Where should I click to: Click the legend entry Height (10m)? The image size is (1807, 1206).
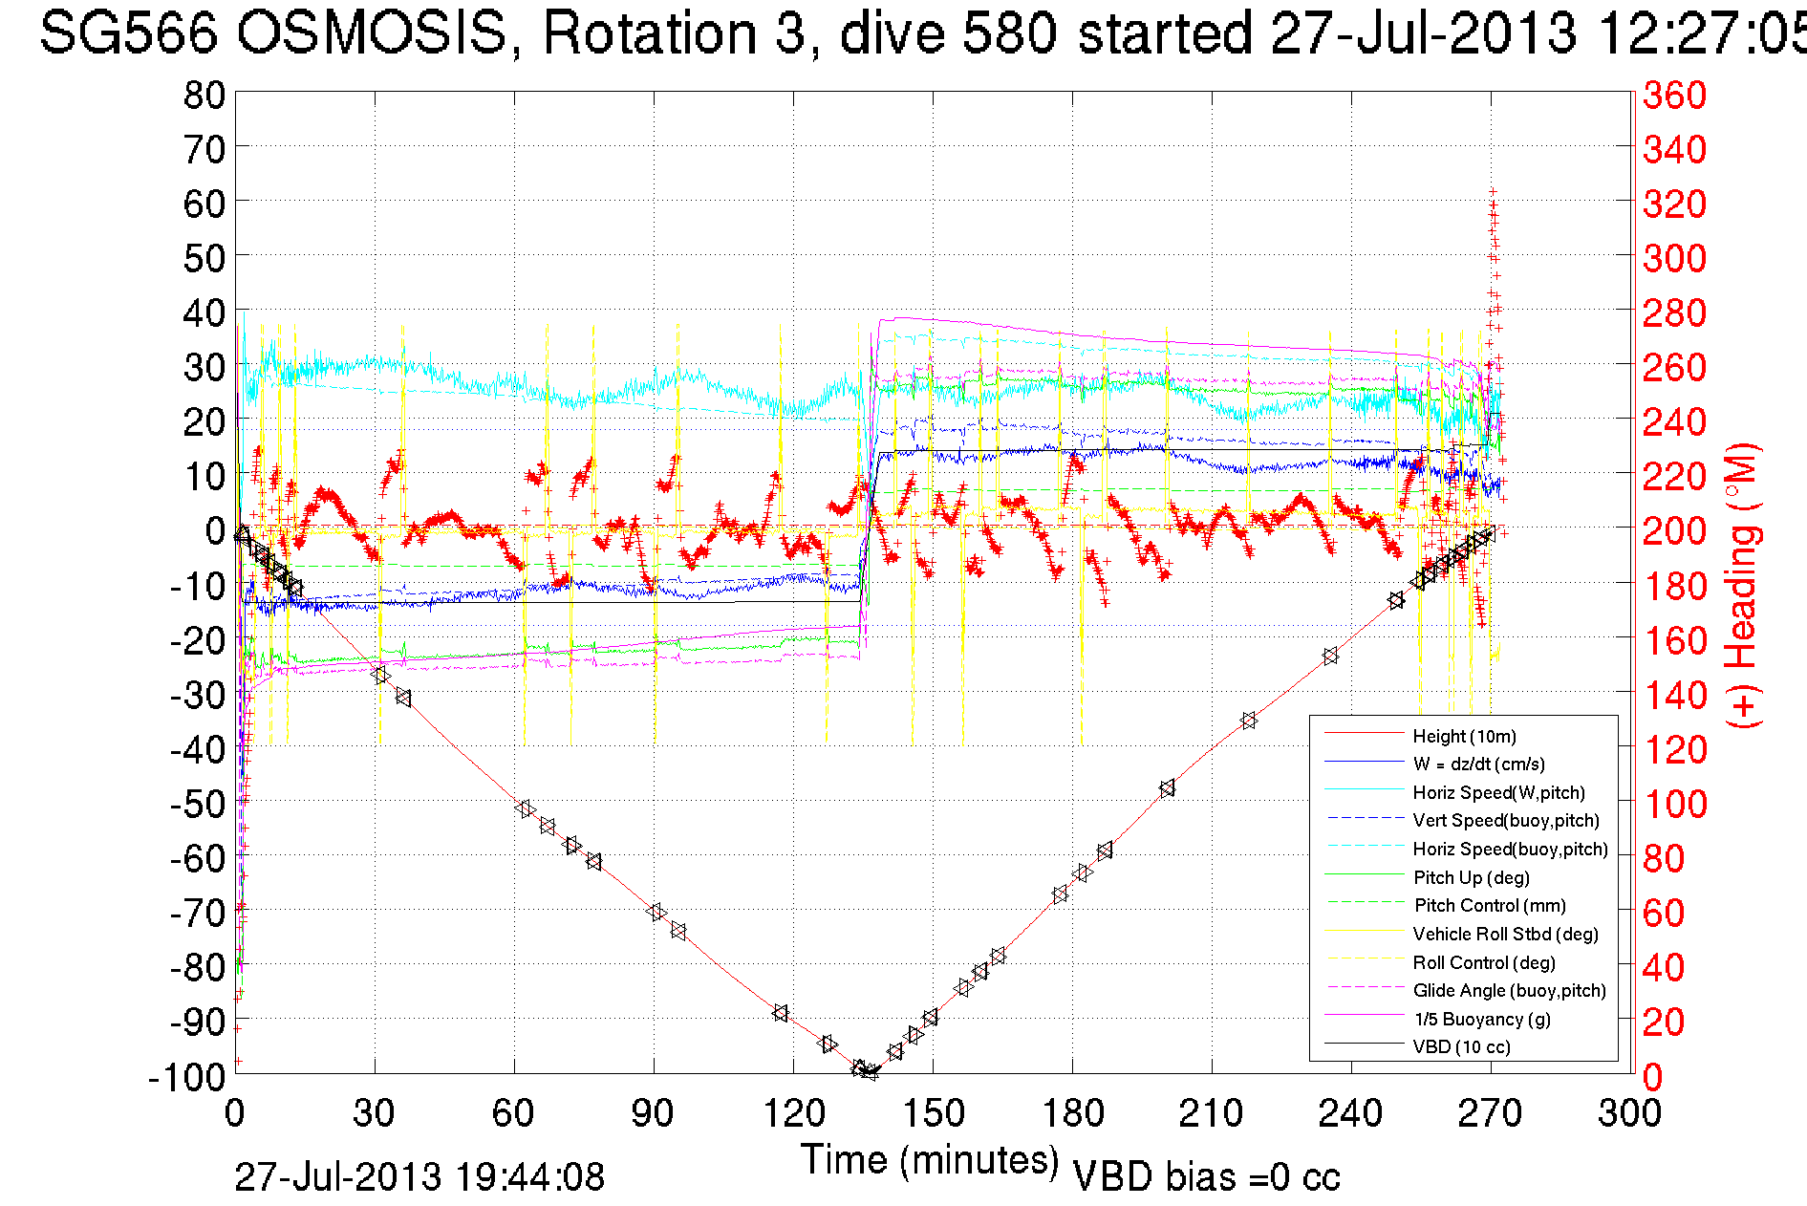1464,736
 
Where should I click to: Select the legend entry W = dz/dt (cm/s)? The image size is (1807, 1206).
1478,764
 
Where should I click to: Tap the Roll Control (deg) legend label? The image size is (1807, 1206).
1484,962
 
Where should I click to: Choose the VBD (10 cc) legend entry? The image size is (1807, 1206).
1461,1047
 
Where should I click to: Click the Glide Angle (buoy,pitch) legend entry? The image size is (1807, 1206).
1509,991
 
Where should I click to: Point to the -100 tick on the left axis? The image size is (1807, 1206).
187,1077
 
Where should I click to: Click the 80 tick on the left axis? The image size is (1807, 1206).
204,95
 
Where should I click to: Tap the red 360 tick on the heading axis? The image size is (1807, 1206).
1674,95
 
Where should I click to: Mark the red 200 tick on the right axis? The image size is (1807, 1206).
1674,530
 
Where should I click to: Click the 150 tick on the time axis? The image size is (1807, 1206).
933,1113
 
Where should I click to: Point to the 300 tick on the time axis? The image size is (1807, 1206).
1630,1113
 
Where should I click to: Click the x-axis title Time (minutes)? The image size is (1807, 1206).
930,1160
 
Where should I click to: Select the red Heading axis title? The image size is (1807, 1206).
1742,585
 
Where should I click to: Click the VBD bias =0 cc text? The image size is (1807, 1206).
1206,1177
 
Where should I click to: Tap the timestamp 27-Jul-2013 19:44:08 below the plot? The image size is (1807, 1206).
419,1177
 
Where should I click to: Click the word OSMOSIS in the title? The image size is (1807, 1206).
371,34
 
